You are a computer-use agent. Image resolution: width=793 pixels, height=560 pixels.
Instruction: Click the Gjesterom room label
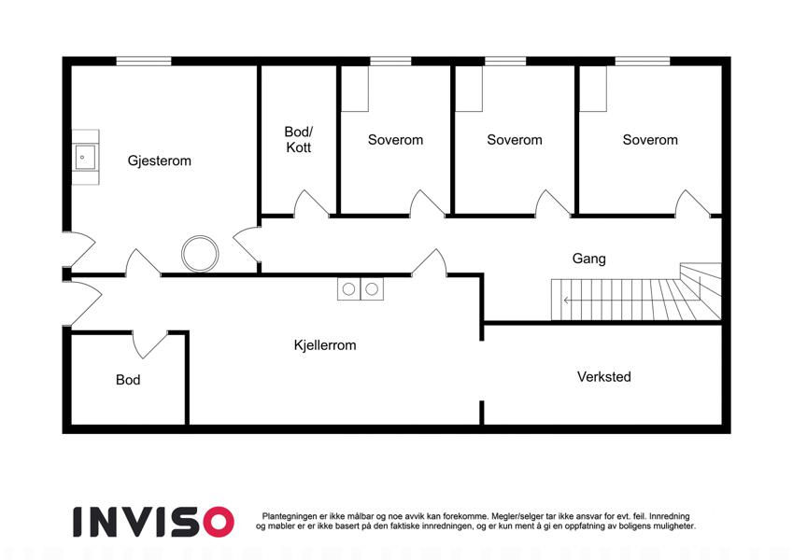click(x=160, y=161)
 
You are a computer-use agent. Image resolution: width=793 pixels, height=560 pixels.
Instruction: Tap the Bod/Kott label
click(x=298, y=139)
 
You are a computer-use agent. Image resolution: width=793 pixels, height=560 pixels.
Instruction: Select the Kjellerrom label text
click(x=325, y=345)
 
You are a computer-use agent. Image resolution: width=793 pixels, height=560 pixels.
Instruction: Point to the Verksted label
click(x=603, y=376)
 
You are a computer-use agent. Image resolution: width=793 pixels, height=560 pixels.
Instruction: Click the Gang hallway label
click(x=588, y=259)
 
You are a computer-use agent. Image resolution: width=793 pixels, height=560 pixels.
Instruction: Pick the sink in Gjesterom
click(x=86, y=157)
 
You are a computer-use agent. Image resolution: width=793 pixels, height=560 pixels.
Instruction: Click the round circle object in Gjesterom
click(x=200, y=253)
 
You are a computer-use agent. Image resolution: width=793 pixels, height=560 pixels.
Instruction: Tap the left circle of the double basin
click(x=349, y=289)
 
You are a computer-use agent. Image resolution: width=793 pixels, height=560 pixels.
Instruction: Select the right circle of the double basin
click(x=372, y=289)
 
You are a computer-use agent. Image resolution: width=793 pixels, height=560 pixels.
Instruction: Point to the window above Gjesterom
click(x=144, y=62)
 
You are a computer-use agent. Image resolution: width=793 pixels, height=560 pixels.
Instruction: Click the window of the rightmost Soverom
click(x=643, y=62)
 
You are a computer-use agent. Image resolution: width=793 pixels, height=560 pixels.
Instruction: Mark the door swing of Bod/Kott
click(x=311, y=203)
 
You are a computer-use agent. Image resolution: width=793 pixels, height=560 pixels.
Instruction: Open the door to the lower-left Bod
click(x=149, y=344)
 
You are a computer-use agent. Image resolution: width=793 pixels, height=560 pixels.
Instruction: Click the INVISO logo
click(x=154, y=522)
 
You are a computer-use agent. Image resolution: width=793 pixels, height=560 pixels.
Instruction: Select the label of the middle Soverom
click(x=515, y=139)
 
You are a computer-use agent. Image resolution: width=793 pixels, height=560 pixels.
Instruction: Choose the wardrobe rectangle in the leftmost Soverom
click(x=355, y=89)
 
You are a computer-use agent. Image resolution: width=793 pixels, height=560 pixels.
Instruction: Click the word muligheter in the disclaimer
click(x=673, y=526)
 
